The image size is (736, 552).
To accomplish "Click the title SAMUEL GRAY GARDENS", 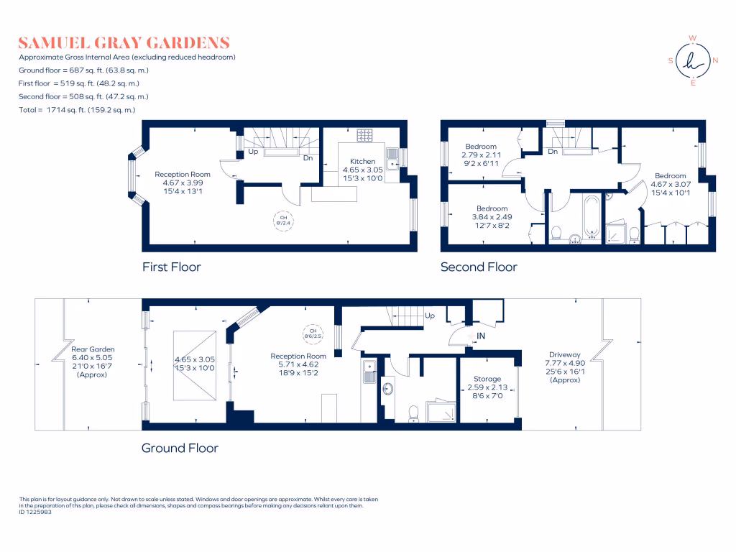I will tap(124, 42).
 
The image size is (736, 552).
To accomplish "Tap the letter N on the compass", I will tap(715, 61).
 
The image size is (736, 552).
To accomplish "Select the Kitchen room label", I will tap(362, 161).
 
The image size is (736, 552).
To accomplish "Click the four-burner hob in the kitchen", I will tap(364, 135).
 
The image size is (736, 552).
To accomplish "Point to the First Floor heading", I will tap(171, 267).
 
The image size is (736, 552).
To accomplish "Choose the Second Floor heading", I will tap(479, 267).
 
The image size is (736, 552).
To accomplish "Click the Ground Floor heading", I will tap(180, 448).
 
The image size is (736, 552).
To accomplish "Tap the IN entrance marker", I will tap(480, 336).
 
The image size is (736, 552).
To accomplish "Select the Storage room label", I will tap(487, 379).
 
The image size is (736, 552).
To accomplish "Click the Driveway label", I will tap(564, 355).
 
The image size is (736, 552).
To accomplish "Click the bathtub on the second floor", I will tap(592, 214).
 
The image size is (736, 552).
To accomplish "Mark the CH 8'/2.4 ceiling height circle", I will tap(282, 219).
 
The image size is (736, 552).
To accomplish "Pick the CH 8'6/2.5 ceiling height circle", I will tap(312, 333).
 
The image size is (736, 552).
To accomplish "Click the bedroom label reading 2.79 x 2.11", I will tap(480, 147).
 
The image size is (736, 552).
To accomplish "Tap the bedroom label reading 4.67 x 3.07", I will tap(670, 175).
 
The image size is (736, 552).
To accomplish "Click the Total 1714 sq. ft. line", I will tap(78, 110).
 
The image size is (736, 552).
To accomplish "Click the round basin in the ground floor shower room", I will tap(388, 389).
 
